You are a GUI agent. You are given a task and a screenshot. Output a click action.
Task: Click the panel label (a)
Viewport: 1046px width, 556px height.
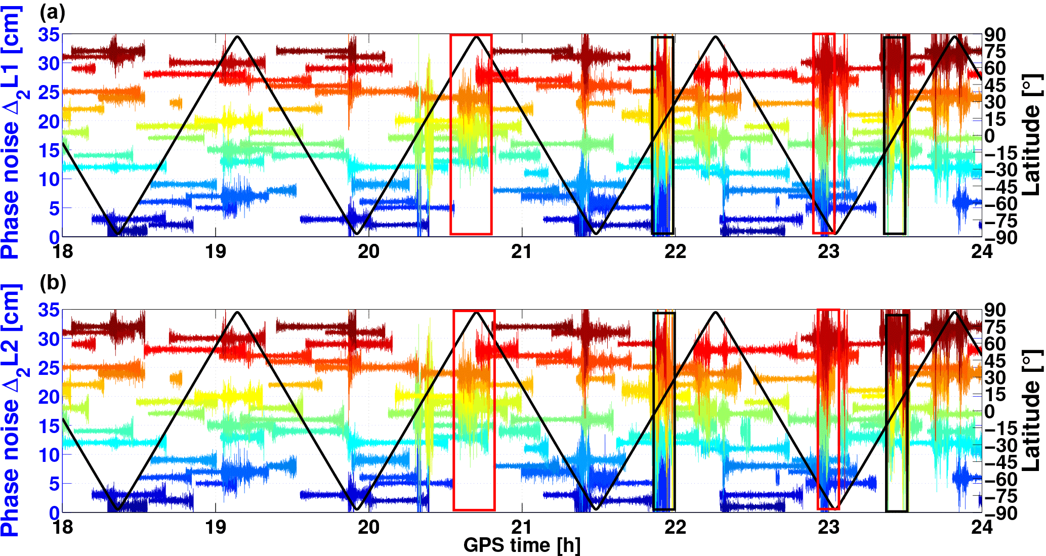point(53,12)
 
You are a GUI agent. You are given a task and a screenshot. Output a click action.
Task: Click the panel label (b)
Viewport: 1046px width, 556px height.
point(53,283)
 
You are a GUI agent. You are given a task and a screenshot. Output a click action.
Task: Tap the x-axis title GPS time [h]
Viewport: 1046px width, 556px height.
point(522,545)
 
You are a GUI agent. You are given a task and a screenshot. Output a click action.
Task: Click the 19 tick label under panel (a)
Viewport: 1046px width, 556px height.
point(216,251)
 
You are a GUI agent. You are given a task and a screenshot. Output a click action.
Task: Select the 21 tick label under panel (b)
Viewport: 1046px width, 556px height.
point(521,527)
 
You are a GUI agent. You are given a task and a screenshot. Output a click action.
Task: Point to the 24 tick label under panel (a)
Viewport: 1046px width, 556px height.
point(981,251)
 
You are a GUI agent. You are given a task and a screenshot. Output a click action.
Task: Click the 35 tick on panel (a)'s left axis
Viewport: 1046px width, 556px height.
point(49,35)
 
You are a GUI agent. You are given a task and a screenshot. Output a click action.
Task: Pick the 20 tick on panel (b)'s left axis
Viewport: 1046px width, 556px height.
point(49,397)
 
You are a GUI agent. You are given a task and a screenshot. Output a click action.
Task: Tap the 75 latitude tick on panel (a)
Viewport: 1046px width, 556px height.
point(995,52)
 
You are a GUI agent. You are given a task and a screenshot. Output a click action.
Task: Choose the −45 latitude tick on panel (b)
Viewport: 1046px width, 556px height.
point(1000,462)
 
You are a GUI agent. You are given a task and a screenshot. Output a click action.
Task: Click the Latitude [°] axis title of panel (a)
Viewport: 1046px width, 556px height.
point(1031,136)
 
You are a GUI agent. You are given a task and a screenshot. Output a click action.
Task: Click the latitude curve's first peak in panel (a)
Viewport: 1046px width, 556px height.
point(237,36)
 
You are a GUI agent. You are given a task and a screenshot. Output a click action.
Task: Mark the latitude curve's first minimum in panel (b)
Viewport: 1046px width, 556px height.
point(118,509)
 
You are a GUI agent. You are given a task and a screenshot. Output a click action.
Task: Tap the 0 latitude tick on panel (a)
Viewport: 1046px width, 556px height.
point(989,136)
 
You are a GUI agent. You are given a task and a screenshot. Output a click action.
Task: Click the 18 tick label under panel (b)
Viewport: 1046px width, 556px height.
point(63,527)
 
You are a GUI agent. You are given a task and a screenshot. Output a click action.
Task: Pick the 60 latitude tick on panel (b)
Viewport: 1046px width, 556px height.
point(995,344)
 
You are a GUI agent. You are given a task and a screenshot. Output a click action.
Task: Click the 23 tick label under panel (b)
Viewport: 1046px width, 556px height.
point(828,527)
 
